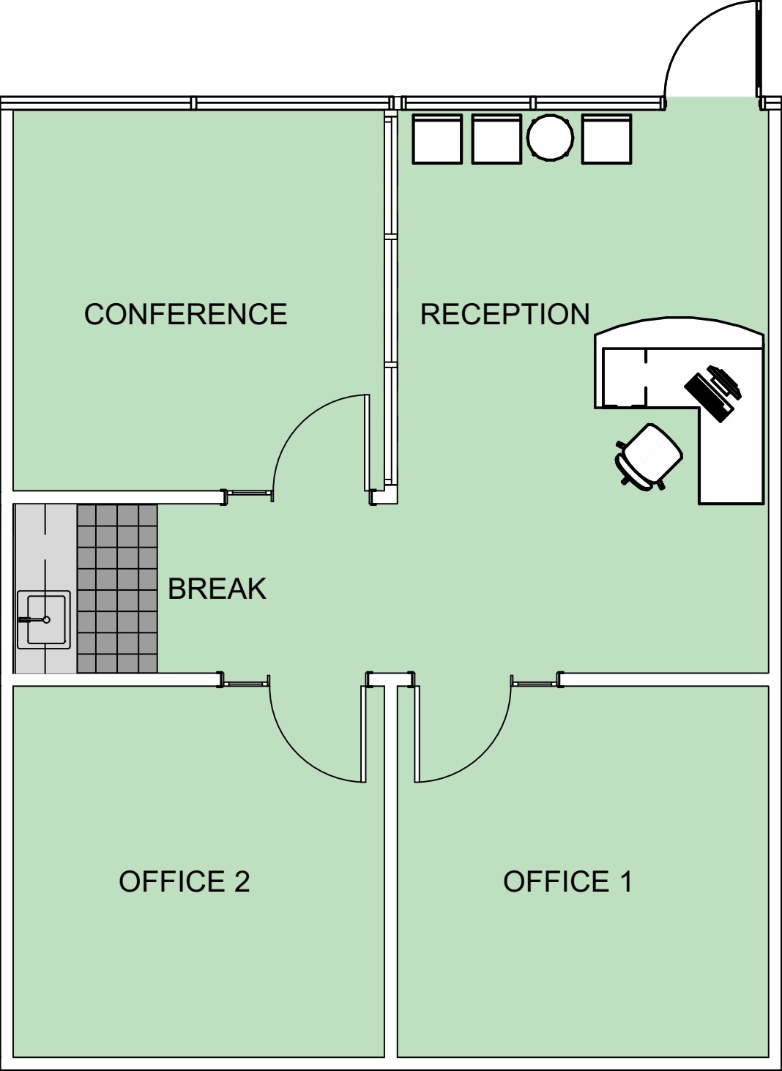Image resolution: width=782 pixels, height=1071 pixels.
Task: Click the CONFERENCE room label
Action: [x=185, y=314]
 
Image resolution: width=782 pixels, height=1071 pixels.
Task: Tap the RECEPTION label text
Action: [x=504, y=314]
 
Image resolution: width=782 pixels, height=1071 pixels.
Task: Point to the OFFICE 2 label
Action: [x=184, y=881]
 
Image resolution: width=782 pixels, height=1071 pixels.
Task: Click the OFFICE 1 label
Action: [x=567, y=881]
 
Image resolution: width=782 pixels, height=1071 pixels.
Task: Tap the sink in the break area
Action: [x=44, y=619]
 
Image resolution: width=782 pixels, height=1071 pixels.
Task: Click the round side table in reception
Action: [x=550, y=137]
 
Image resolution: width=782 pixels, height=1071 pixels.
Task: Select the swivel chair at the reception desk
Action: [x=649, y=458]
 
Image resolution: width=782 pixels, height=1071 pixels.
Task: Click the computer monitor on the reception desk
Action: [x=725, y=381]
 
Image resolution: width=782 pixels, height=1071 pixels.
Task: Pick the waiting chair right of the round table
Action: [x=606, y=138]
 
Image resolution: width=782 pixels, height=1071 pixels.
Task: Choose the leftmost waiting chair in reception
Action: [x=437, y=138]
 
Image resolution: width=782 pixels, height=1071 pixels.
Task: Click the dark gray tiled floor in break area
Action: [x=117, y=589]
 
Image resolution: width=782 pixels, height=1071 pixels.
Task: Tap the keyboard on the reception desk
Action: [x=708, y=397]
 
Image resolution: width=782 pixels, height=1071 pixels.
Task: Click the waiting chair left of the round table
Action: [x=496, y=138]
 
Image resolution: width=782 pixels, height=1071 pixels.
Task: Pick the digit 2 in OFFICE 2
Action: [x=242, y=881]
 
